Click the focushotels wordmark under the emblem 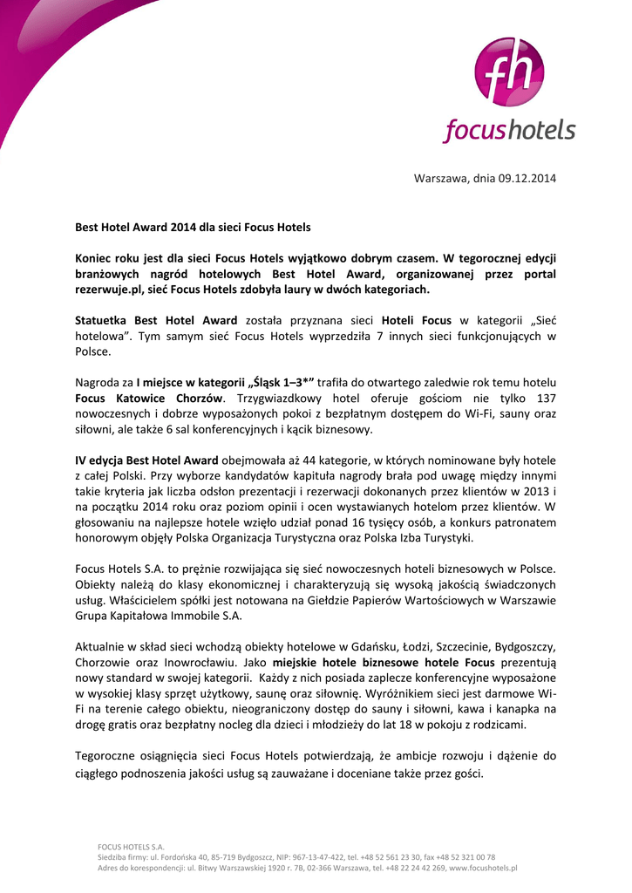click(509, 131)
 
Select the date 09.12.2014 click(527, 179)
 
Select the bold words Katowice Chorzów click(161, 398)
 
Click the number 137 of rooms click(544, 398)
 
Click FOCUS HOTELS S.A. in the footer click(131, 846)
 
